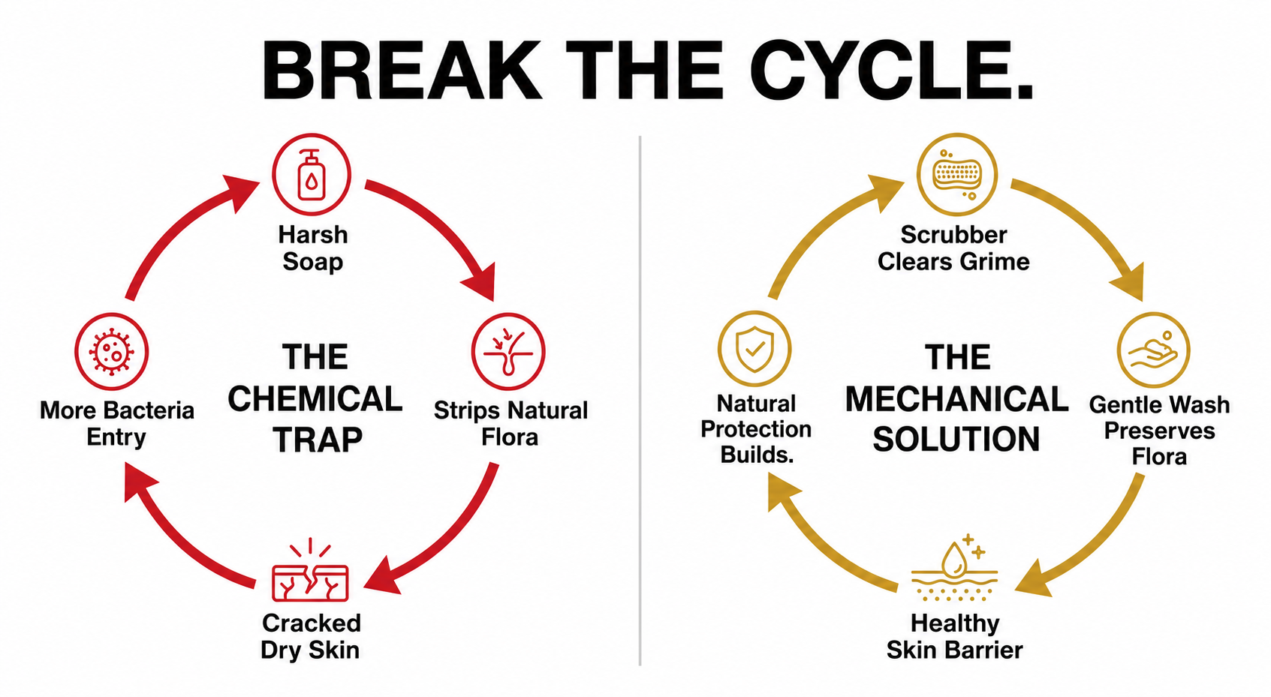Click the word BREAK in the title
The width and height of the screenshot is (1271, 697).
[401, 71]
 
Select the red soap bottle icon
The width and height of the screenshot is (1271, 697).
[312, 175]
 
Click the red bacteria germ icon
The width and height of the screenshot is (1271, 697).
[112, 352]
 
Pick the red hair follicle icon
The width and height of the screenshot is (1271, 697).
[508, 352]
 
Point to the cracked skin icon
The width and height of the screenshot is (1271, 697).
[310, 569]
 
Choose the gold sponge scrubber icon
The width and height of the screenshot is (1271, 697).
[957, 175]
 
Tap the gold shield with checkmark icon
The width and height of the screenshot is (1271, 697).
[754, 349]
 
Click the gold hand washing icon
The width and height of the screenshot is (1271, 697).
[1154, 350]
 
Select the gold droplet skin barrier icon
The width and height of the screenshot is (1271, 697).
[955, 567]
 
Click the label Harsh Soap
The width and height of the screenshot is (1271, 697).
[312, 248]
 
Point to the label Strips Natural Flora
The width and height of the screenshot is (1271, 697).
[510, 423]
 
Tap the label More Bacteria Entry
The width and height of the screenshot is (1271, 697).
[117, 423]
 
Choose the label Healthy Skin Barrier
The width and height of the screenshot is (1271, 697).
[955, 637]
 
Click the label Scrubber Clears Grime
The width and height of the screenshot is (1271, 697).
[954, 248]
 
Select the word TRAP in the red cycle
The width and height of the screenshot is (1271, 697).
[318, 440]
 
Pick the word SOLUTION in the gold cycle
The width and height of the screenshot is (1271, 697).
[956, 440]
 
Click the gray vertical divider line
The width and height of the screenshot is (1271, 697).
[640, 401]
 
